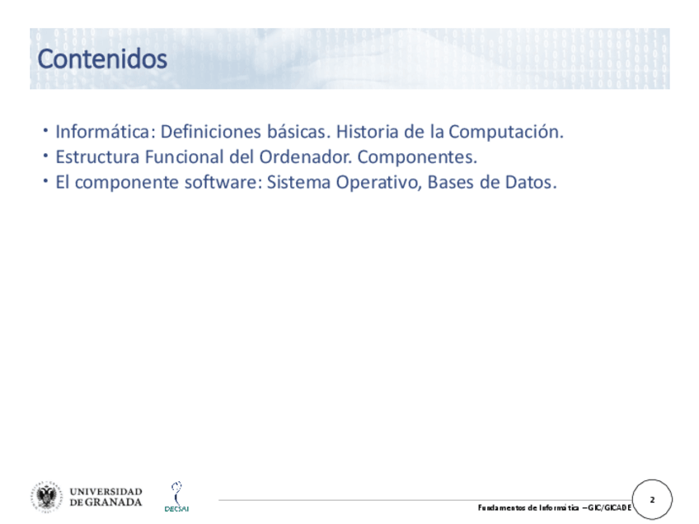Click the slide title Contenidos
tap(102, 58)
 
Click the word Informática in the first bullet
tap(106, 132)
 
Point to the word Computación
tap(506, 132)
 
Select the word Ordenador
tap(305, 157)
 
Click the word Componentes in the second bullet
tap(417, 157)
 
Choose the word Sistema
tap(298, 182)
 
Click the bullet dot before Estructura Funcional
tap(45, 156)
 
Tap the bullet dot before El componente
tap(45, 181)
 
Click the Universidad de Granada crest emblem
tap(47, 497)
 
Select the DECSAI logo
tap(177, 496)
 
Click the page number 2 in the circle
tap(652, 500)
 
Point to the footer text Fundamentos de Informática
tap(528, 508)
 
